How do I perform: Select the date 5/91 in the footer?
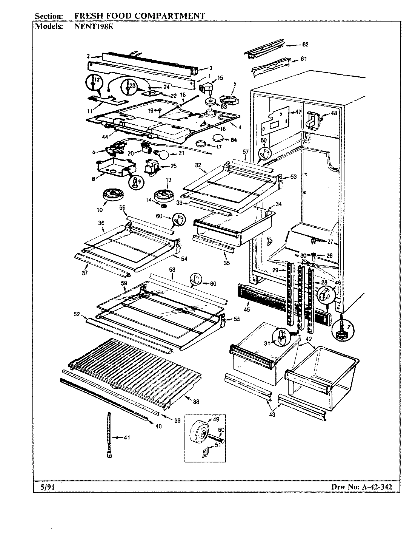48,487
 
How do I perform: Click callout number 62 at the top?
305,45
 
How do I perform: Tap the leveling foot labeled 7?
343,329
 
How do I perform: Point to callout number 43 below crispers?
272,414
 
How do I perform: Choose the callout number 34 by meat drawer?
278,204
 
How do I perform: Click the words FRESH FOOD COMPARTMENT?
140,16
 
